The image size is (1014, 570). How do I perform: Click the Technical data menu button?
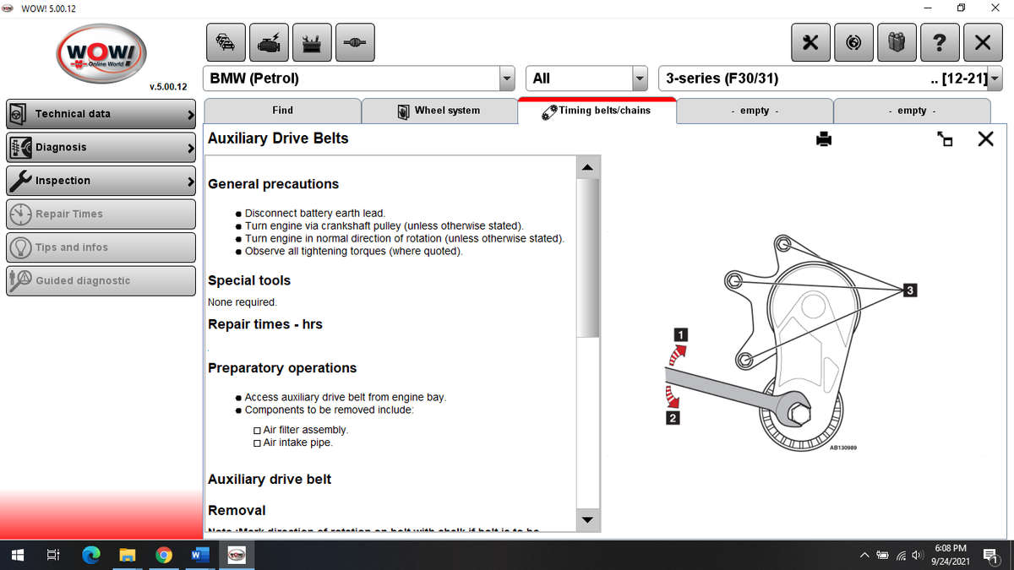pyautogui.click(x=101, y=113)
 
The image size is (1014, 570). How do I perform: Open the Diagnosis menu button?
pyautogui.click(x=101, y=147)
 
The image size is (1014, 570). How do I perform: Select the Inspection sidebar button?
pyautogui.click(x=101, y=180)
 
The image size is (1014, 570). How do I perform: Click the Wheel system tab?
pyautogui.click(x=439, y=111)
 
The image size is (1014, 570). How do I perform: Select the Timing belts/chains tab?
pyautogui.click(x=597, y=111)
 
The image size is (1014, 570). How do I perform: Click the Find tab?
pyautogui.click(x=282, y=111)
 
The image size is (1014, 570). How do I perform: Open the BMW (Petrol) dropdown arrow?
pyautogui.click(x=507, y=79)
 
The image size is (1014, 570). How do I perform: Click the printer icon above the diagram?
pyautogui.click(x=824, y=139)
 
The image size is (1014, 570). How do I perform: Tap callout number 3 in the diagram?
pyautogui.click(x=909, y=290)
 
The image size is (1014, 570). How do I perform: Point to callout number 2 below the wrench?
pyautogui.click(x=673, y=418)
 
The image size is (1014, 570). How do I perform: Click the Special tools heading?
pyautogui.click(x=249, y=280)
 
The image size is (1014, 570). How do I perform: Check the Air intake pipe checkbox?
pyautogui.click(x=258, y=442)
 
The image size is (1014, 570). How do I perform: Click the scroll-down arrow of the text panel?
pyautogui.click(x=588, y=518)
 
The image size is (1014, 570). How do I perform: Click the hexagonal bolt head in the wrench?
pyautogui.click(x=799, y=413)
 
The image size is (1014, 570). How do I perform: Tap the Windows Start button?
pyautogui.click(x=18, y=555)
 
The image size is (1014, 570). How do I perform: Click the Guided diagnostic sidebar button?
pyautogui.click(x=101, y=280)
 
